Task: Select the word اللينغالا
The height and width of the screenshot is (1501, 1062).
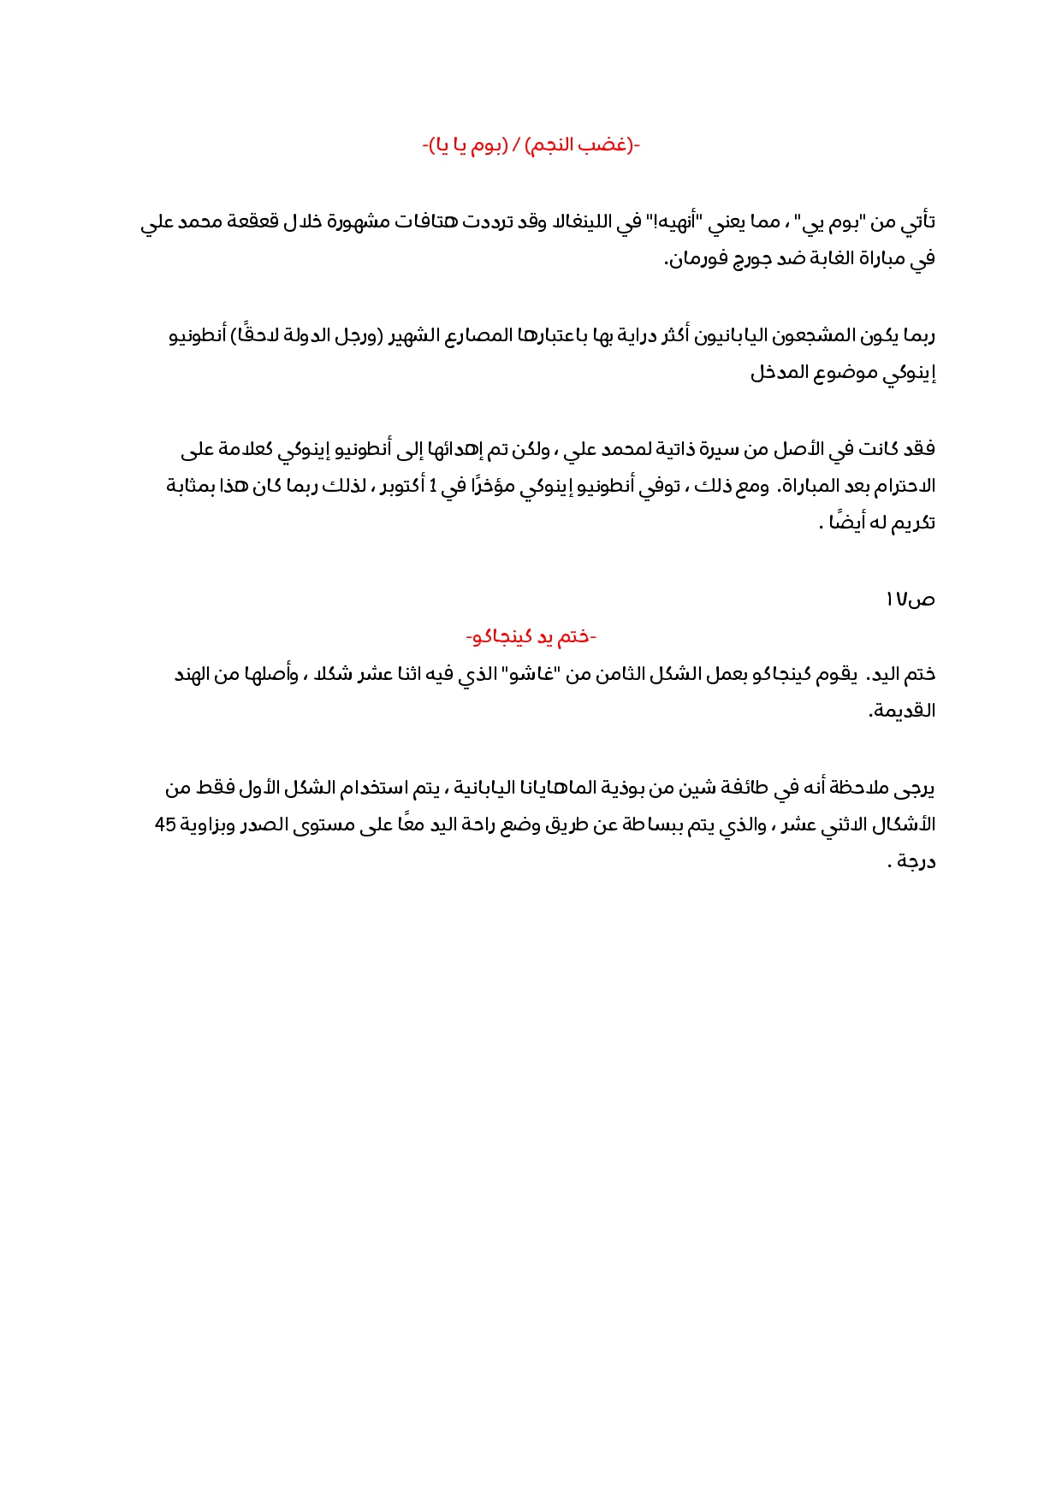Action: coord(590,222)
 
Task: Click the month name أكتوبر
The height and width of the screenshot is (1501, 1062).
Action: coord(397,486)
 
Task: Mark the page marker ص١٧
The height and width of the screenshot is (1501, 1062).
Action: coord(910,600)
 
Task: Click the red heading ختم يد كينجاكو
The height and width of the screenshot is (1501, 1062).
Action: coord(531,637)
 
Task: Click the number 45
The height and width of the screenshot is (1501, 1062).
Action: coord(165,824)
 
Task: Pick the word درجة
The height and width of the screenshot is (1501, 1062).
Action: coord(916,861)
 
